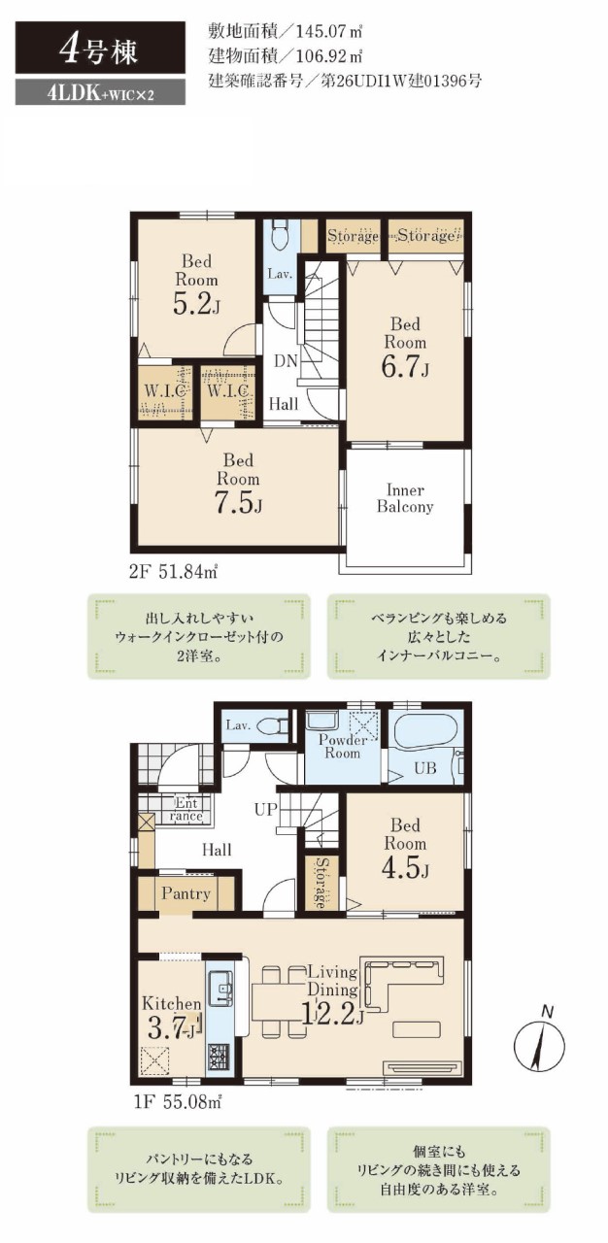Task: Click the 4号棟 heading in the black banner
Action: click(98, 51)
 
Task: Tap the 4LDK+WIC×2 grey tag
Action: click(100, 94)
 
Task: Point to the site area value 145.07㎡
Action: click(329, 31)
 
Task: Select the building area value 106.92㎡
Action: click(329, 56)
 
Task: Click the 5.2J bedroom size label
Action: click(196, 304)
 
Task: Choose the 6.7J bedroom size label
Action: click(405, 367)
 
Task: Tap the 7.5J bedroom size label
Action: click(238, 503)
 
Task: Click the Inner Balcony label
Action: click(404, 498)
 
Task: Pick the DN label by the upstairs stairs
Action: click(287, 361)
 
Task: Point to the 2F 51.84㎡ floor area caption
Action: click(173, 572)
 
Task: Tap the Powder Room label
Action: click(342, 747)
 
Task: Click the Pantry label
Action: click(186, 894)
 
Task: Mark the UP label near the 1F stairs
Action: click(265, 809)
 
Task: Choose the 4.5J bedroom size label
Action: click(405, 868)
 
